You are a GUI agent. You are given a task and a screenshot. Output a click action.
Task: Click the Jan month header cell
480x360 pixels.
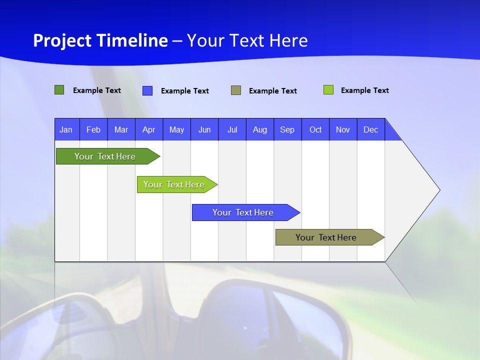[x=66, y=129]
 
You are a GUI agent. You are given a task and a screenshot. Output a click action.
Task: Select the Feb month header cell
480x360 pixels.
[x=93, y=129]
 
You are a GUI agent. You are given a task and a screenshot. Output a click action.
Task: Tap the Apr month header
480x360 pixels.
[x=149, y=129]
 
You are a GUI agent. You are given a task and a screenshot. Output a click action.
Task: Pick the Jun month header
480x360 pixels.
[x=204, y=129]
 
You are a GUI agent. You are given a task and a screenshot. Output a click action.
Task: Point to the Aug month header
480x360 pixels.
[x=260, y=129]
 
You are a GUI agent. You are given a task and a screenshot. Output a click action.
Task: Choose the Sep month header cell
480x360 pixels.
[x=287, y=129]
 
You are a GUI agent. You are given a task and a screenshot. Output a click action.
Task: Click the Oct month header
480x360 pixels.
[x=315, y=129]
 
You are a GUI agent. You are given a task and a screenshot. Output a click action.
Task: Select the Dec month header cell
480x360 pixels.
[x=371, y=129]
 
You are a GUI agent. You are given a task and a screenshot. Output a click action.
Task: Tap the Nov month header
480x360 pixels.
[x=343, y=129]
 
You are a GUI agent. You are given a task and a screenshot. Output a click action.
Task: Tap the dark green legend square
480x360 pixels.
[x=59, y=90]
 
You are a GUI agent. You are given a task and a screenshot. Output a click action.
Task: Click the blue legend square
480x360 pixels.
[x=147, y=90]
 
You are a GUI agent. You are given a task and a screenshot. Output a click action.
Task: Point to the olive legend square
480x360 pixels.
[x=236, y=90]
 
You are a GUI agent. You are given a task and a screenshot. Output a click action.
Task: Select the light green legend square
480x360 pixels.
[x=328, y=90]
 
